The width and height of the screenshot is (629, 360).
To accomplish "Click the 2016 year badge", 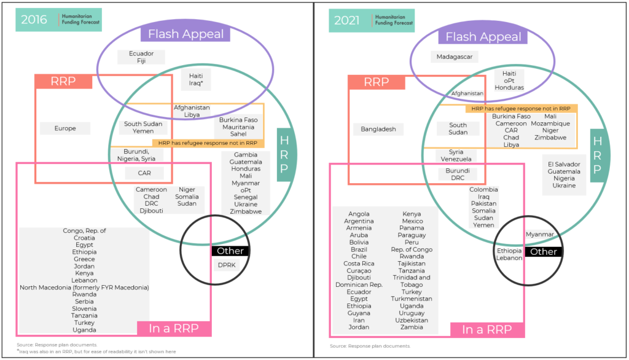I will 34,20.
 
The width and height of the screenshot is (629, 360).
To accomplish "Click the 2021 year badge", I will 347,20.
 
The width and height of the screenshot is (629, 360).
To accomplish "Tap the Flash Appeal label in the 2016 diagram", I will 186,34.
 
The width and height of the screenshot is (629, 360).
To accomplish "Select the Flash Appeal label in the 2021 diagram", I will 483,37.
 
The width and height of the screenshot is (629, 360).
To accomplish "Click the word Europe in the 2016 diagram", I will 65,128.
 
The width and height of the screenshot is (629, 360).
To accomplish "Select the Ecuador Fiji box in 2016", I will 141,57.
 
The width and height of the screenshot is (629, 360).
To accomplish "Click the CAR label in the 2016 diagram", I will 144,173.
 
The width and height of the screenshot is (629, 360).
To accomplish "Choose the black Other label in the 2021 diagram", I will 543,251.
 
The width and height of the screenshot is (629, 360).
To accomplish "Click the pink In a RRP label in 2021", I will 487,330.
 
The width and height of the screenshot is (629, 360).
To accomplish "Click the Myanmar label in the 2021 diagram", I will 540,234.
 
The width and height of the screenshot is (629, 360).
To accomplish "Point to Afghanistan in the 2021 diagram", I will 468,93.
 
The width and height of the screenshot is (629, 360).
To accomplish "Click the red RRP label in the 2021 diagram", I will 377,82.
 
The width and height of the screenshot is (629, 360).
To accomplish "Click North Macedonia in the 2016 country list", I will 84,287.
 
